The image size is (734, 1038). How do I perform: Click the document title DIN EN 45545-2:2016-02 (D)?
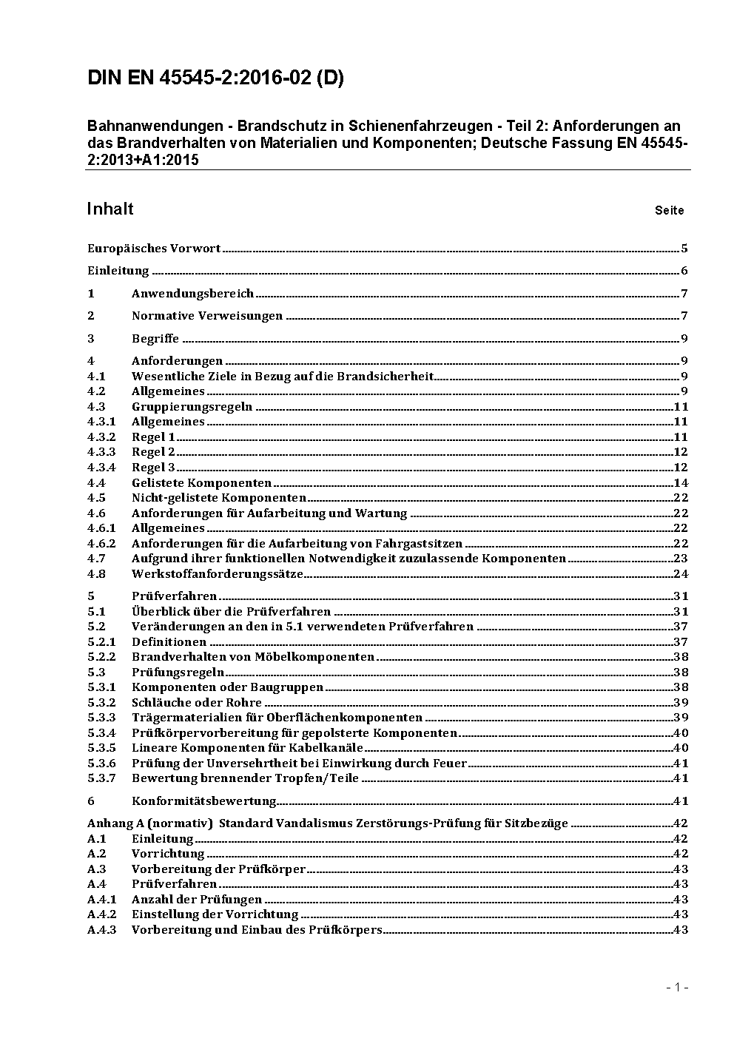coord(215,78)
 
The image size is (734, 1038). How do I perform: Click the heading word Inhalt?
coord(110,209)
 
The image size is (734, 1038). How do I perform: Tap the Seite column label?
coord(669,211)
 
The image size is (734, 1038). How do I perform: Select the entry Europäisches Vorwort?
coord(154,249)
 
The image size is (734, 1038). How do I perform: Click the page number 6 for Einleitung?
coord(684,271)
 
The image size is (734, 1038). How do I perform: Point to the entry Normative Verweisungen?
coord(207,316)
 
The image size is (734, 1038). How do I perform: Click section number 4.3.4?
coord(101,468)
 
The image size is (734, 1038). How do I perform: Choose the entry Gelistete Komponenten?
coord(201,483)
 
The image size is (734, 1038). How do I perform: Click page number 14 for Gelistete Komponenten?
coord(681,483)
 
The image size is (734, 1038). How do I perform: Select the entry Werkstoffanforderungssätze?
coord(218,574)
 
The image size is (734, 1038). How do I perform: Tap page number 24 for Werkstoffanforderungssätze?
coord(681,574)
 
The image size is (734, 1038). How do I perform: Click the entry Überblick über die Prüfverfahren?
coord(231,612)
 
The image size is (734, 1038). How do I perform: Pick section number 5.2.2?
coord(101,657)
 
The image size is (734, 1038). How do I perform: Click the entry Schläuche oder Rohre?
coord(197,703)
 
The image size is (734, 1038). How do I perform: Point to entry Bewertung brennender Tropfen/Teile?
coord(245,778)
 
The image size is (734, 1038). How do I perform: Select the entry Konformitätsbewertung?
coord(204,801)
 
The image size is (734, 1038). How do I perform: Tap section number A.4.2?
coord(101,914)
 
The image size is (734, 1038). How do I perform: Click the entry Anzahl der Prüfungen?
coord(197,900)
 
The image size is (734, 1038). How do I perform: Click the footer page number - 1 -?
coord(677,987)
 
